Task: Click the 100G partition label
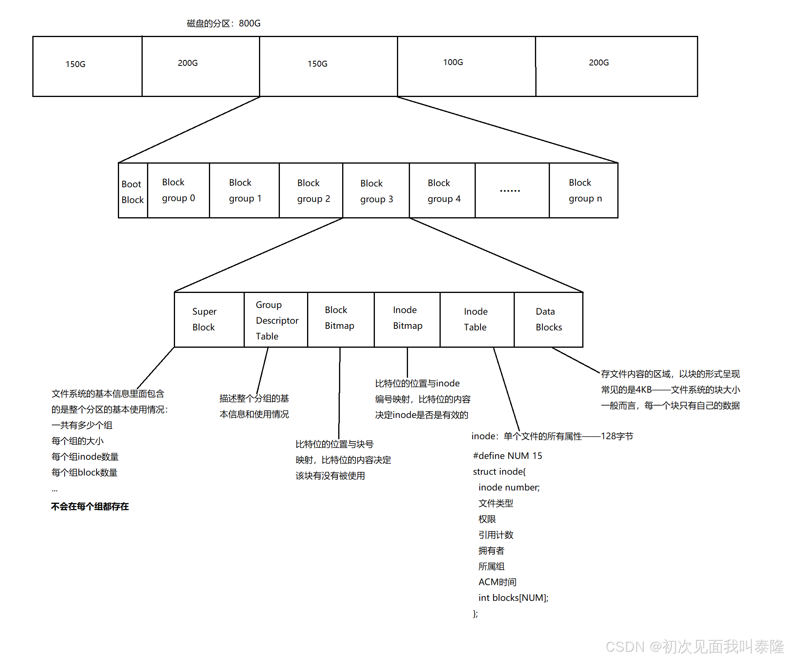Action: coord(453,62)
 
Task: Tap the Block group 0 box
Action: coord(178,190)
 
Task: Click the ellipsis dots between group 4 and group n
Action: coord(510,191)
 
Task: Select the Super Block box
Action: coord(209,319)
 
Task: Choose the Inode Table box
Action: coord(476,319)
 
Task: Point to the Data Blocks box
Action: coord(548,319)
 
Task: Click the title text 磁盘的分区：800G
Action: coord(224,24)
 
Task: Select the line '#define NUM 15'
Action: coord(507,456)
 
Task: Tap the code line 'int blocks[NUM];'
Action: coord(513,598)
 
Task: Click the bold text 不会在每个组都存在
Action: coord(90,507)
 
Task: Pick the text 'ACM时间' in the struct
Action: coord(497,582)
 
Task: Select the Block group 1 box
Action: coord(244,190)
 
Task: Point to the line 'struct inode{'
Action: coord(499,472)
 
